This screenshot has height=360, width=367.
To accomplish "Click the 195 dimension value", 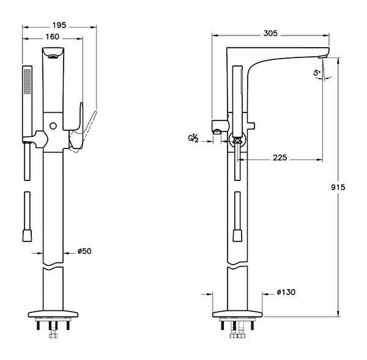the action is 59,25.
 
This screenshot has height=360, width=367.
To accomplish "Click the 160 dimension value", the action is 52,37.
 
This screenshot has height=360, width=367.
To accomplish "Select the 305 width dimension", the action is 270,34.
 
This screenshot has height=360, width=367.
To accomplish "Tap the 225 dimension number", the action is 280,158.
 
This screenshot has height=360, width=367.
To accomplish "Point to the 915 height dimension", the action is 338,187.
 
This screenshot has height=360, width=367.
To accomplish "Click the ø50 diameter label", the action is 84,251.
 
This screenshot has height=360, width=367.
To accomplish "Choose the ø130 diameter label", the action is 286,292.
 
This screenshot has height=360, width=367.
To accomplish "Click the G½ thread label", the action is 193,139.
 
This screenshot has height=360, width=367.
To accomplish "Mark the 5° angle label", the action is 317,73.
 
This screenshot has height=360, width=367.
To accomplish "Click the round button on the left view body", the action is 53,126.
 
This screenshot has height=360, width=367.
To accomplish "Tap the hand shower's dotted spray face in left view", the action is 28,81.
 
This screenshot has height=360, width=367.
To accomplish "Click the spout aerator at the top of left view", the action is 53,56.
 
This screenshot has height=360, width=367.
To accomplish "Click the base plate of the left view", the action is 53,314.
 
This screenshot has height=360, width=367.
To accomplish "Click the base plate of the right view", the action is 237,314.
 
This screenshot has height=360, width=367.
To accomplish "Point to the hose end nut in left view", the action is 27,235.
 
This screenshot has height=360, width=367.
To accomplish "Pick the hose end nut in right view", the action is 237,235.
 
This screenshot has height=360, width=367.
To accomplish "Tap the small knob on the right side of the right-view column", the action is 251,126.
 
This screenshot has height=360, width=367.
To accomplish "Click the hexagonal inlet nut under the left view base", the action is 53,336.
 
